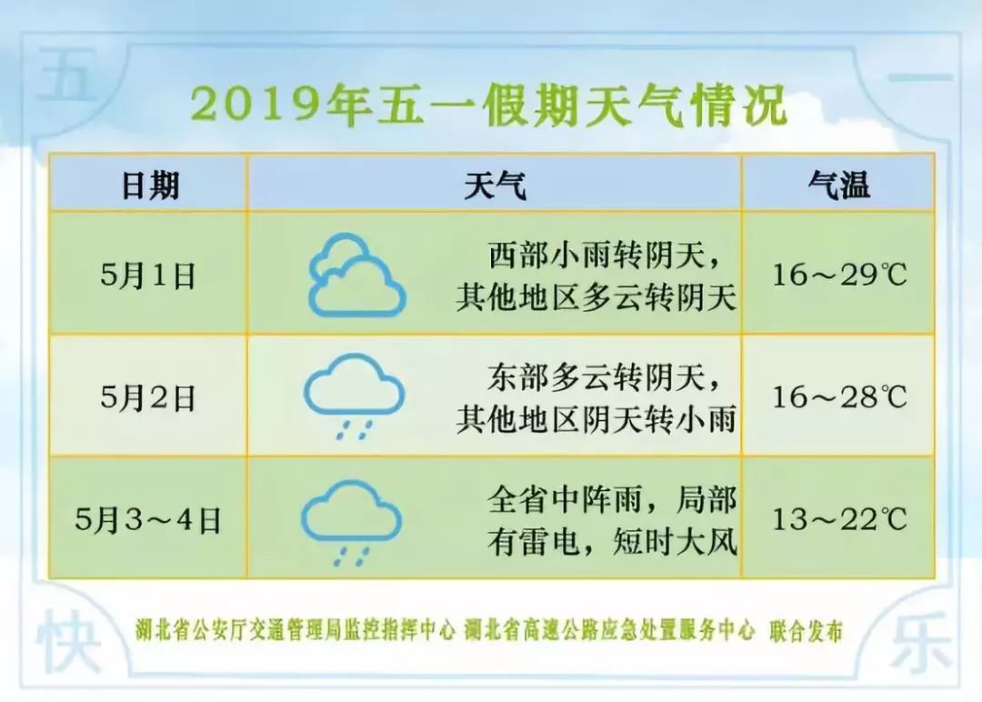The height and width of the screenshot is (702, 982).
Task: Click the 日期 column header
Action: click(x=150, y=186)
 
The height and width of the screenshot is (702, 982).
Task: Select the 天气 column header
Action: click(x=495, y=186)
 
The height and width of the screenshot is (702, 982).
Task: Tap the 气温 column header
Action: click(x=838, y=185)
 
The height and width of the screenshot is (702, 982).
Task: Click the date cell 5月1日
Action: click(x=148, y=275)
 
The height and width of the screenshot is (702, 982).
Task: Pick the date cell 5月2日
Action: click(x=148, y=397)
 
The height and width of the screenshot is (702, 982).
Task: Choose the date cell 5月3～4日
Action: click(x=148, y=519)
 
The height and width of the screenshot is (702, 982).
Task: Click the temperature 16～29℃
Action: click(x=839, y=275)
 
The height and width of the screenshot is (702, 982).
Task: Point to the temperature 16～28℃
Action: click(x=839, y=396)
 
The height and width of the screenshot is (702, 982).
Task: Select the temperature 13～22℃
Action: click(x=839, y=518)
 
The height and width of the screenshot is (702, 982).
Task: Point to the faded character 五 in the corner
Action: click(x=65, y=77)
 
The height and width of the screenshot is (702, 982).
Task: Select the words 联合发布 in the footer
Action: click(x=806, y=631)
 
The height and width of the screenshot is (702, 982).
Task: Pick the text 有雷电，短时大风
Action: click(x=612, y=542)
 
